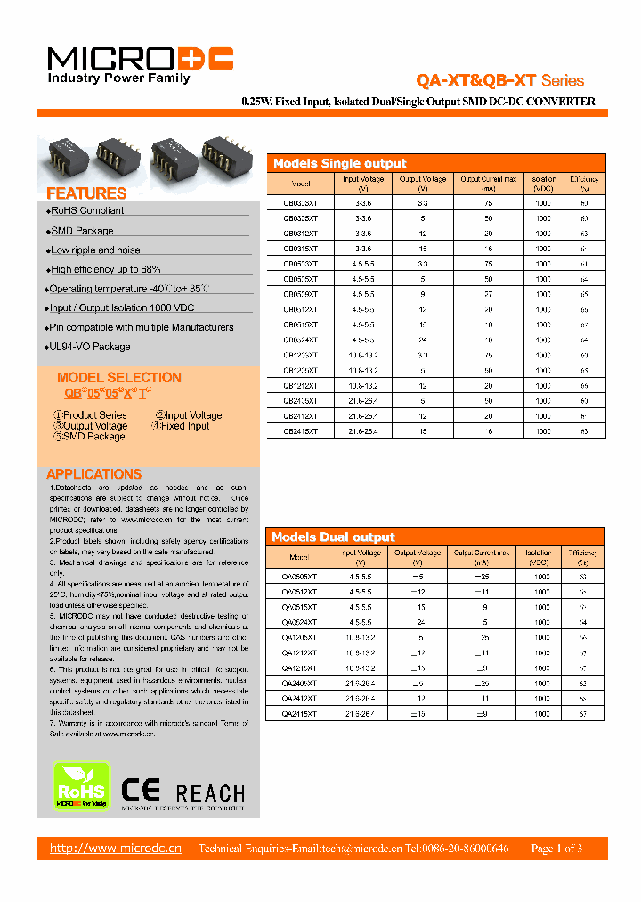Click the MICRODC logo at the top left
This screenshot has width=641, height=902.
(140, 61)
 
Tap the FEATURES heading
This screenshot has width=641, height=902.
(86, 193)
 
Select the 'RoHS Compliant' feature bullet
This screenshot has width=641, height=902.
(86, 211)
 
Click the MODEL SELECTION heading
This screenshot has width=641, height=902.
(119, 378)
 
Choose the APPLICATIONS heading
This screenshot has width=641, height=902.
(93, 474)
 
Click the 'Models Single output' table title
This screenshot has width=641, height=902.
(339, 163)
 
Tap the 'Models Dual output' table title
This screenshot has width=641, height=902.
(333, 537)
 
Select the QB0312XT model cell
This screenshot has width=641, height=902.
(300, 233)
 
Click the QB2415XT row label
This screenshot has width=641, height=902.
(300, 430)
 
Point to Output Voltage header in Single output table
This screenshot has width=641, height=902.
(422, 184)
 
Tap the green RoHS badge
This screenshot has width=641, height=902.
(82, 785)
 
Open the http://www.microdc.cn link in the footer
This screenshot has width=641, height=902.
(116, 849)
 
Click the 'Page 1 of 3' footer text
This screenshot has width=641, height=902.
(556, 849)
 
